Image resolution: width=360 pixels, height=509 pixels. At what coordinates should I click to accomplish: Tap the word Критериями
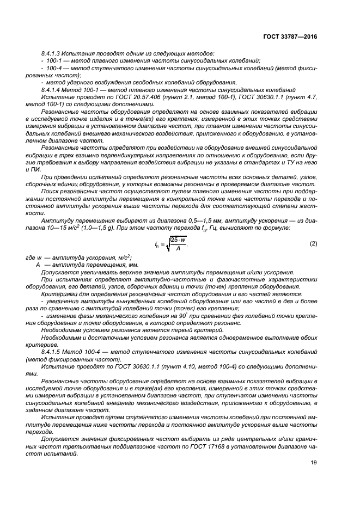coord(59,295)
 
